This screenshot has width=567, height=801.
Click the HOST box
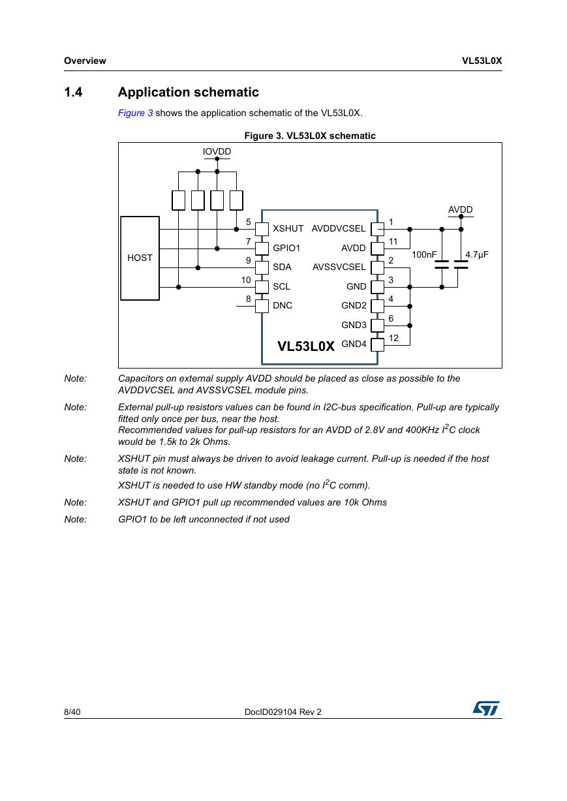[140, 258]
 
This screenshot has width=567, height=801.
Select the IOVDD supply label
[217, 151]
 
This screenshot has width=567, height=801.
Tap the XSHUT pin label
[288, 228]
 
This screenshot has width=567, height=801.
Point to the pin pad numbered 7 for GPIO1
[262, 248]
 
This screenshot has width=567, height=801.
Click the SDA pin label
[282, 267]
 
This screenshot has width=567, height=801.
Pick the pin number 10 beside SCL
[246, 280]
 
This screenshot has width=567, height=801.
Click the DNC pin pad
[262, 306]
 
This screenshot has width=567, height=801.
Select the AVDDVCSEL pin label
[339, 228]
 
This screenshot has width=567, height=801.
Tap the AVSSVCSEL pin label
[339, 267]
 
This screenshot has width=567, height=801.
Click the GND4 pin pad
[377, 345]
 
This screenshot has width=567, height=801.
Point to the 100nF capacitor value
[424, 254]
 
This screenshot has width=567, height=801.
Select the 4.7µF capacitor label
[476, 254]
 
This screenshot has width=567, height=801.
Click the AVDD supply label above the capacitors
[461, 209]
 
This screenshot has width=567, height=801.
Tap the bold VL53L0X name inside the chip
[306, 346]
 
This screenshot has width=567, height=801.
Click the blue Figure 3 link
[135, 113]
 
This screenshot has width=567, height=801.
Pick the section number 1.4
[73, 92]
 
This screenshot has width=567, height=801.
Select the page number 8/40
[72, 712]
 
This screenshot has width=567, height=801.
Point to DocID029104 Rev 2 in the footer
[283, 712]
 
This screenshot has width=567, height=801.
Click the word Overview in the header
[85, 61]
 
